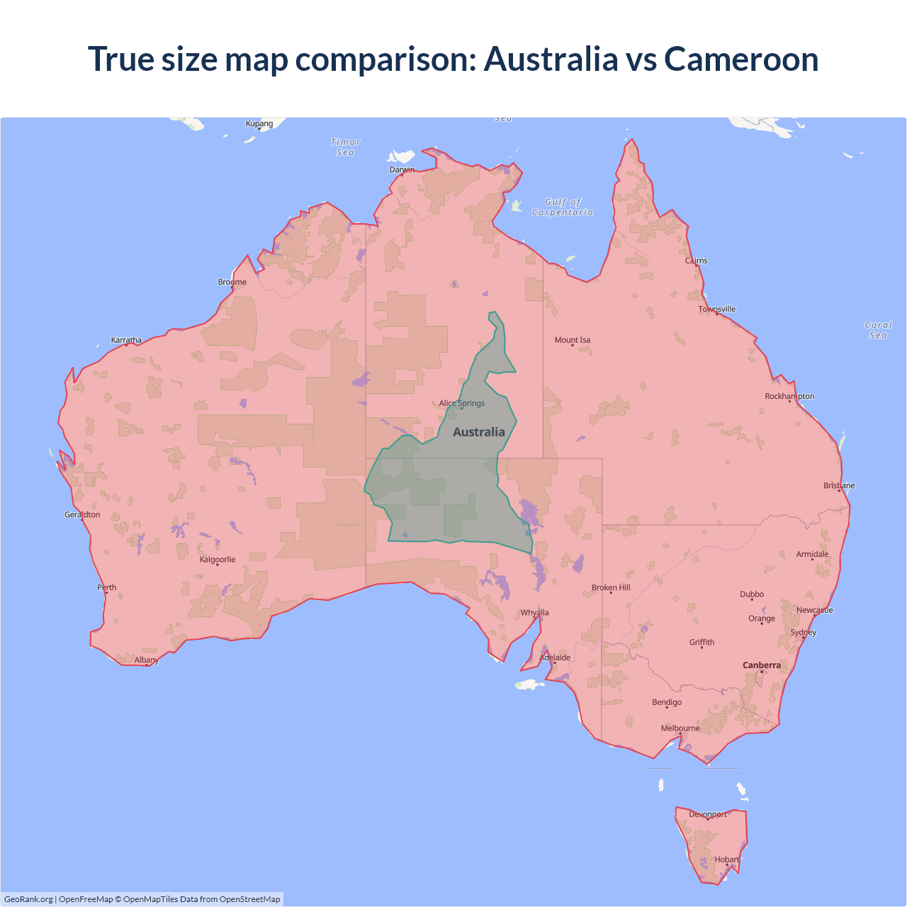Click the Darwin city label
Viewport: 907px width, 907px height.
402,169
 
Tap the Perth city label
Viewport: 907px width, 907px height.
107,587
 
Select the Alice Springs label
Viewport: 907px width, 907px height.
461,403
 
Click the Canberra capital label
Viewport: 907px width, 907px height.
762,665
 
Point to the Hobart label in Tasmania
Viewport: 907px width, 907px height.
726,860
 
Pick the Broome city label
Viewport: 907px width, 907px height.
232,282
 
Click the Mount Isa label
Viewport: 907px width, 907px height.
573,340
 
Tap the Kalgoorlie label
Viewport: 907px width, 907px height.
218,560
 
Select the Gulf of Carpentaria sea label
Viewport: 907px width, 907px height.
563,207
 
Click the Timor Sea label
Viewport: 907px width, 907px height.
345,147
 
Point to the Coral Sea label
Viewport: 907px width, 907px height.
879,330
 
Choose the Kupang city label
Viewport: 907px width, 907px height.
259,123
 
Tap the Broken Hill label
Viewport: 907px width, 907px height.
611,588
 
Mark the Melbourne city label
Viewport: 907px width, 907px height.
680,728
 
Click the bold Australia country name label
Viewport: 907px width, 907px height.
479,432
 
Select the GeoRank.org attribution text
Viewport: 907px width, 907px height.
28,899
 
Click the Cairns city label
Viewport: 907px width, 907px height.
697,261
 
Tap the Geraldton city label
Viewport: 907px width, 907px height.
82,515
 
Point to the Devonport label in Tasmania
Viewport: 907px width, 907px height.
708,814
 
